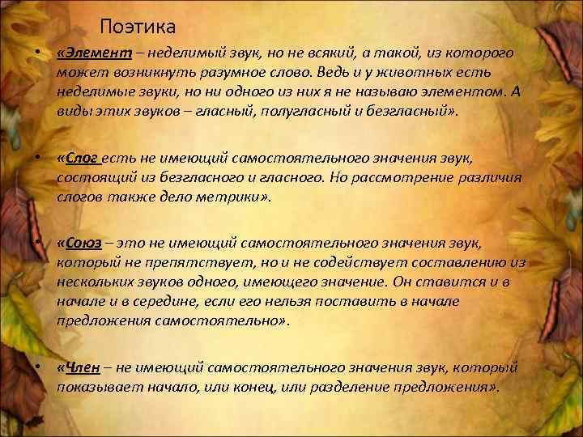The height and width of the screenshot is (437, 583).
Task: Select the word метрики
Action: tap(239, 197)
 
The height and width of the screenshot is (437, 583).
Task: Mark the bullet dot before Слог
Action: tap(37, 159)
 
